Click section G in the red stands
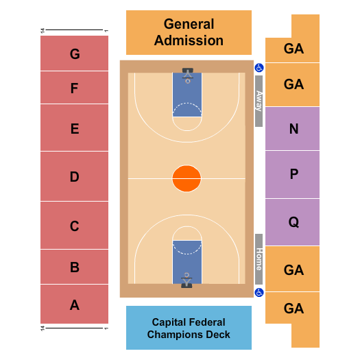pos(74,53)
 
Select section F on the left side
pos(74,88)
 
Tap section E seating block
pos(74,128)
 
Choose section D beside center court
pos(74,177)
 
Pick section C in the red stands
pos(74,226)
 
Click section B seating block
pos(74,267)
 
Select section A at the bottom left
pos(74,304)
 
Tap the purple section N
pos(293,129)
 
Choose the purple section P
pos(293,174)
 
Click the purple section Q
pos(293,221)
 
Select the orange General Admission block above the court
pos(189,32)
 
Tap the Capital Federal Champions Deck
pos(189,328)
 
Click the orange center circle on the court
pos(187,179)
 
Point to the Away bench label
pos(259,101)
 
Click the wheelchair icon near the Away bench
pos(259,68)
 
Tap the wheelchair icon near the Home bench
pos(259,293)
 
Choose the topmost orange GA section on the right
pos(293,48)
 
